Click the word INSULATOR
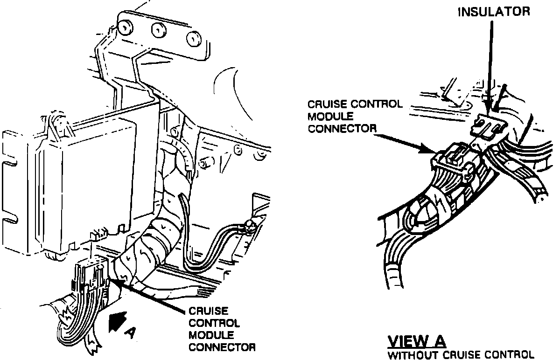[x=493, y=12]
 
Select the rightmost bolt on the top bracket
[x=192, y=39]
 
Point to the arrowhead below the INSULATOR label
[x=487, y=108]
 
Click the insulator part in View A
[x=488, y=126]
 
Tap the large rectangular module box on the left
[x=89, y=182]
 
